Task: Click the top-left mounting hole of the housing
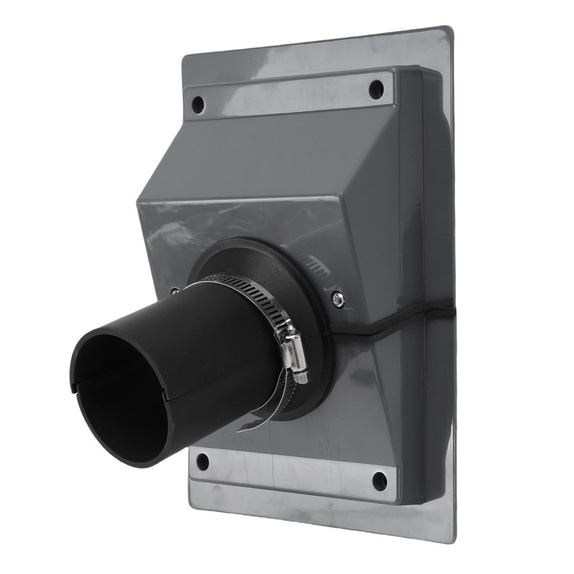[198, 104]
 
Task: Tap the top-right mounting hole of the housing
[376, 90]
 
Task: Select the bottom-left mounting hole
[202, 461]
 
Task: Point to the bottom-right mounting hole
[379, 480]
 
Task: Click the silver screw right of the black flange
[337, 299]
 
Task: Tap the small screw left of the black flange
[175, 291]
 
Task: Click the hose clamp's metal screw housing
[296, 353]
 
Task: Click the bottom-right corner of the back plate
[451, 539]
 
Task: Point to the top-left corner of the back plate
[185, 56]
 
